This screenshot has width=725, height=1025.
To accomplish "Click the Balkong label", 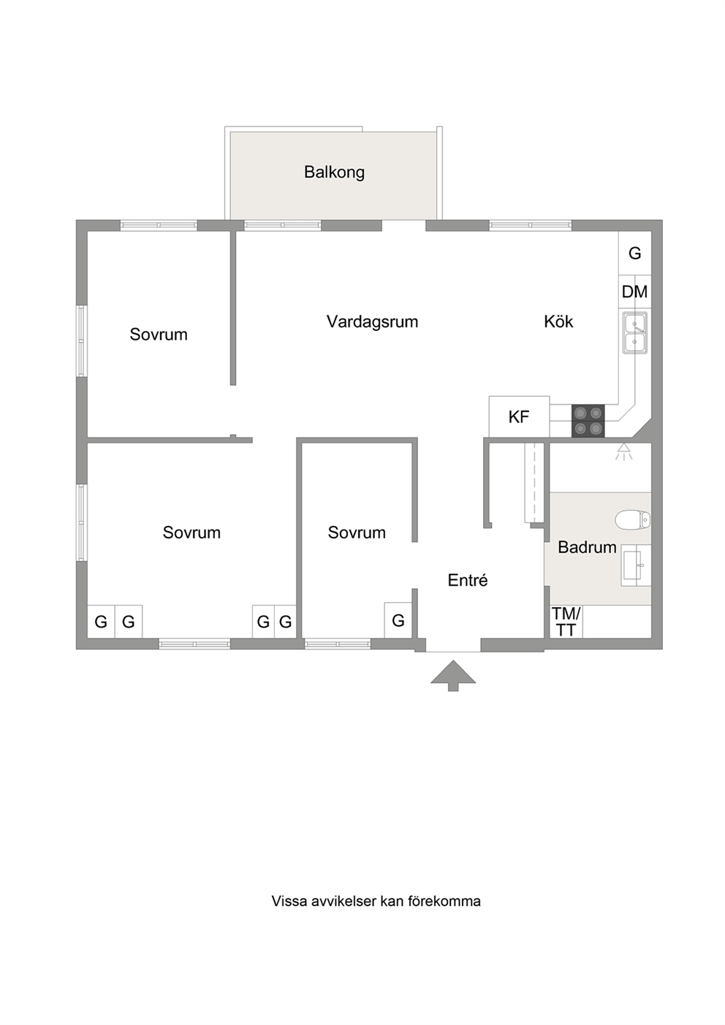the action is coord(334,172).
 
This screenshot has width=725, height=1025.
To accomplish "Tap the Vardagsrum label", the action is coord(372,321).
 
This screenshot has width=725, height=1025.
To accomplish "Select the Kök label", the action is coord(558,321).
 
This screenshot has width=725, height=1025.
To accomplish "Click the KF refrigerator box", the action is coord(519,416).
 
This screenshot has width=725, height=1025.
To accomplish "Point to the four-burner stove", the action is coord(588,421).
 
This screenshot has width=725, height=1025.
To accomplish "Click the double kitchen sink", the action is coord(634,332).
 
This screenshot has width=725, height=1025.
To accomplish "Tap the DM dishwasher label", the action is coord(634,292).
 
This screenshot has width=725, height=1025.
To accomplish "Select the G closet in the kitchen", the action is coord(635,253).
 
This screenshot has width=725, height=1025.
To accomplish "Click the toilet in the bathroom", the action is coord(633,520).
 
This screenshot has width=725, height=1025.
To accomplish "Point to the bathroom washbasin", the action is coord(636,565).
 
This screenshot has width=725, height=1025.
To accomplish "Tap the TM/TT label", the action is coord(566,622).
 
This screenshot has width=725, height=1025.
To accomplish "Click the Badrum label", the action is coord(587,547).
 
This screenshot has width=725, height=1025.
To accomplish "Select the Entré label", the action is coord(467,580).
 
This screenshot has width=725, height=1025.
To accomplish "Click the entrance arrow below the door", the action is coord(453,675).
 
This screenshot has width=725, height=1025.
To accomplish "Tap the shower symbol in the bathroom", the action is coord(623,451).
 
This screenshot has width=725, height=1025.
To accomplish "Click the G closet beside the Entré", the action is coord(398,620).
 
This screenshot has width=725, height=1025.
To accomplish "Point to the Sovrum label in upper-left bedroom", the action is coord(159,335).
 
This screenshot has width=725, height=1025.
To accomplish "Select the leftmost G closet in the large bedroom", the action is coord(101,622).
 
